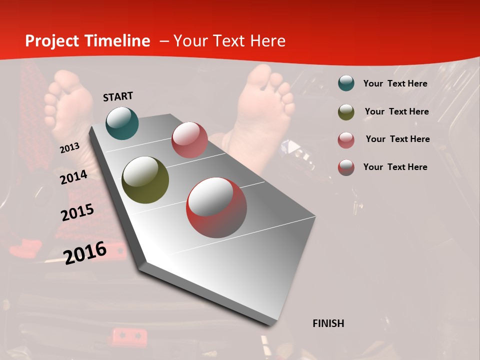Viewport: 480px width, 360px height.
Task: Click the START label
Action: point(118,96)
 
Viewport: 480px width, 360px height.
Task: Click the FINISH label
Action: point(328,323)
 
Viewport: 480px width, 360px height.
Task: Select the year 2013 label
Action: point(69,148)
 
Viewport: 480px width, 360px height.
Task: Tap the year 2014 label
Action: point(73,177)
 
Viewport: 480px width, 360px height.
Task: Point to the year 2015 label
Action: point(77,212)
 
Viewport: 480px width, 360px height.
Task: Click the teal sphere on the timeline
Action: point(122,123)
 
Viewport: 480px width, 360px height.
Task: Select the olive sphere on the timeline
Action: point(145,180)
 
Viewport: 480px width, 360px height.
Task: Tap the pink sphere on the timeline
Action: point(189,140)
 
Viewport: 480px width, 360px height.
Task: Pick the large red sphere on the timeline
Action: point(216,207)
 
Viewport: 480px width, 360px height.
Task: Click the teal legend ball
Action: point(346,83)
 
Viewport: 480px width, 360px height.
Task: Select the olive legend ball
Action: point(346,112)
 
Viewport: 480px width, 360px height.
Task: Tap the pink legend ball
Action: point(346,139)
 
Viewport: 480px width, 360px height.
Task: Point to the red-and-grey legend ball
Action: point(346,167)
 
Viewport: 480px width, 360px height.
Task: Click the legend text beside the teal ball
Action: point(395,84)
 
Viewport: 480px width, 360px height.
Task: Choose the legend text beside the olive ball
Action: point(396,112)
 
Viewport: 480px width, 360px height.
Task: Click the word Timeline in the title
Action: point(117,41)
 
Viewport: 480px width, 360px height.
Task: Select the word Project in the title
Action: point(52,41)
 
